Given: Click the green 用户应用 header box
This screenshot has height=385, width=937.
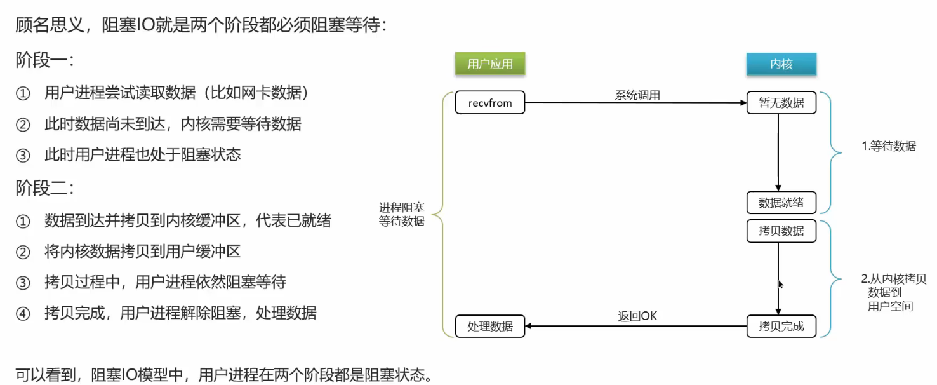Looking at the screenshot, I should coord(489,64).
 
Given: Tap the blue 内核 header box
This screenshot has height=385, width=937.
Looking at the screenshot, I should coord(781,64).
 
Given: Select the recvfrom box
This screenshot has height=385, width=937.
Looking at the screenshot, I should coord(489,103).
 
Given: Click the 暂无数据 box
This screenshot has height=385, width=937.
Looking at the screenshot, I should coord(781,103).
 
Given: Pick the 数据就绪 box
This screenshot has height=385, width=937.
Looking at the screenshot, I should coord(781,203).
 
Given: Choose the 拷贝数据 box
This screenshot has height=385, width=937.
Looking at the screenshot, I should coord(781,231).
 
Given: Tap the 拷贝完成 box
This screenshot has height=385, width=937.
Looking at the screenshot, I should coord(781,327).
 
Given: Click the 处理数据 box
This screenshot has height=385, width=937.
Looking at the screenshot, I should coord(489,327).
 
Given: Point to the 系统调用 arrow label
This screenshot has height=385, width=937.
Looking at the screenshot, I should coord(637,95).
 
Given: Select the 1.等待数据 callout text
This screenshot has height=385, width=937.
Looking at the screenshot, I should coord(888,146).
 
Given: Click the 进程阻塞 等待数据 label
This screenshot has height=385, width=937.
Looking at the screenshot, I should coord(401,215).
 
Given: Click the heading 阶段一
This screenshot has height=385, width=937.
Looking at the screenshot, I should coord(44,61).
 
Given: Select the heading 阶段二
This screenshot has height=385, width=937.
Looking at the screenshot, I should coord(44,188).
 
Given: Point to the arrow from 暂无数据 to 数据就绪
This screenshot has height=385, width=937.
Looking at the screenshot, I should coord(778,152).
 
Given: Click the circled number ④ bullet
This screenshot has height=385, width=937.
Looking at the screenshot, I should coord(23,313).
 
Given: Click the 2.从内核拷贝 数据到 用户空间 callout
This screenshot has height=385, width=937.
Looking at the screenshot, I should coord(893,292).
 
